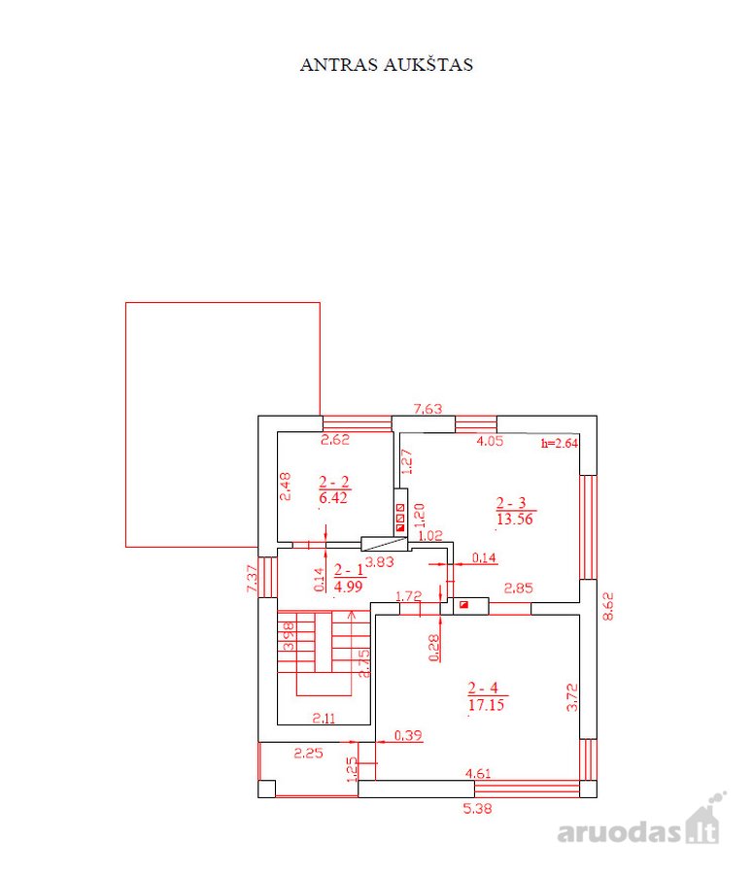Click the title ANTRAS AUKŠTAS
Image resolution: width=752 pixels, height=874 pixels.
click(x=387, y=65)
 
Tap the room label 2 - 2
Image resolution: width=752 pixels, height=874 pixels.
click(x=334, y=482)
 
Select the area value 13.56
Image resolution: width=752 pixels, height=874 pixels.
click(x=515, y=519)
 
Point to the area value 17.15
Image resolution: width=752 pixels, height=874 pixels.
click(x=487, y=705)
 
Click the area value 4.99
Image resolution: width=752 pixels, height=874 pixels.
click(x=348, y=586)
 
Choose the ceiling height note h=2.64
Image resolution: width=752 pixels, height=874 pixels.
click(x=560, y=444)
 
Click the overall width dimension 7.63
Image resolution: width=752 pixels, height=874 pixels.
click(x=427, y=409)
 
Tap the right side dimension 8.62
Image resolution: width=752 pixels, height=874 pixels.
click(x=608, y=606)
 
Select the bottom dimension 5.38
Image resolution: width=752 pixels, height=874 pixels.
click(x=478, y=808)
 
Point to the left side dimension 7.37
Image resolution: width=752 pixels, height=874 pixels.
click(x=252, y=579)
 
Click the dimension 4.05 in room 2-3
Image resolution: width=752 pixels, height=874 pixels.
click(x=490, y=441)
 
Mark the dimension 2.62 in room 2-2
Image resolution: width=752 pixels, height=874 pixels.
click(x=335, y=439)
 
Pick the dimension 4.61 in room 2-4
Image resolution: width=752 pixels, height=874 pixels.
click(x=478, y=773)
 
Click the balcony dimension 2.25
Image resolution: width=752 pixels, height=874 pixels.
click(x=309, y=753)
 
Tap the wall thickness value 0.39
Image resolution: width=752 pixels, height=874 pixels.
click(x=408, y=735)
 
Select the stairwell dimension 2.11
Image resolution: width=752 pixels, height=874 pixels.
click(x=324, y=719)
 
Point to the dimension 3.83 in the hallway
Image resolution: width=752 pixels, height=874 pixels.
click(x=380, y=562)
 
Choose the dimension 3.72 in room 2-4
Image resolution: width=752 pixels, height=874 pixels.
click(x=572, y=697)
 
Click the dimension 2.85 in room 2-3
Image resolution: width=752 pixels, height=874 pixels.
click(x=519, y=588)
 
